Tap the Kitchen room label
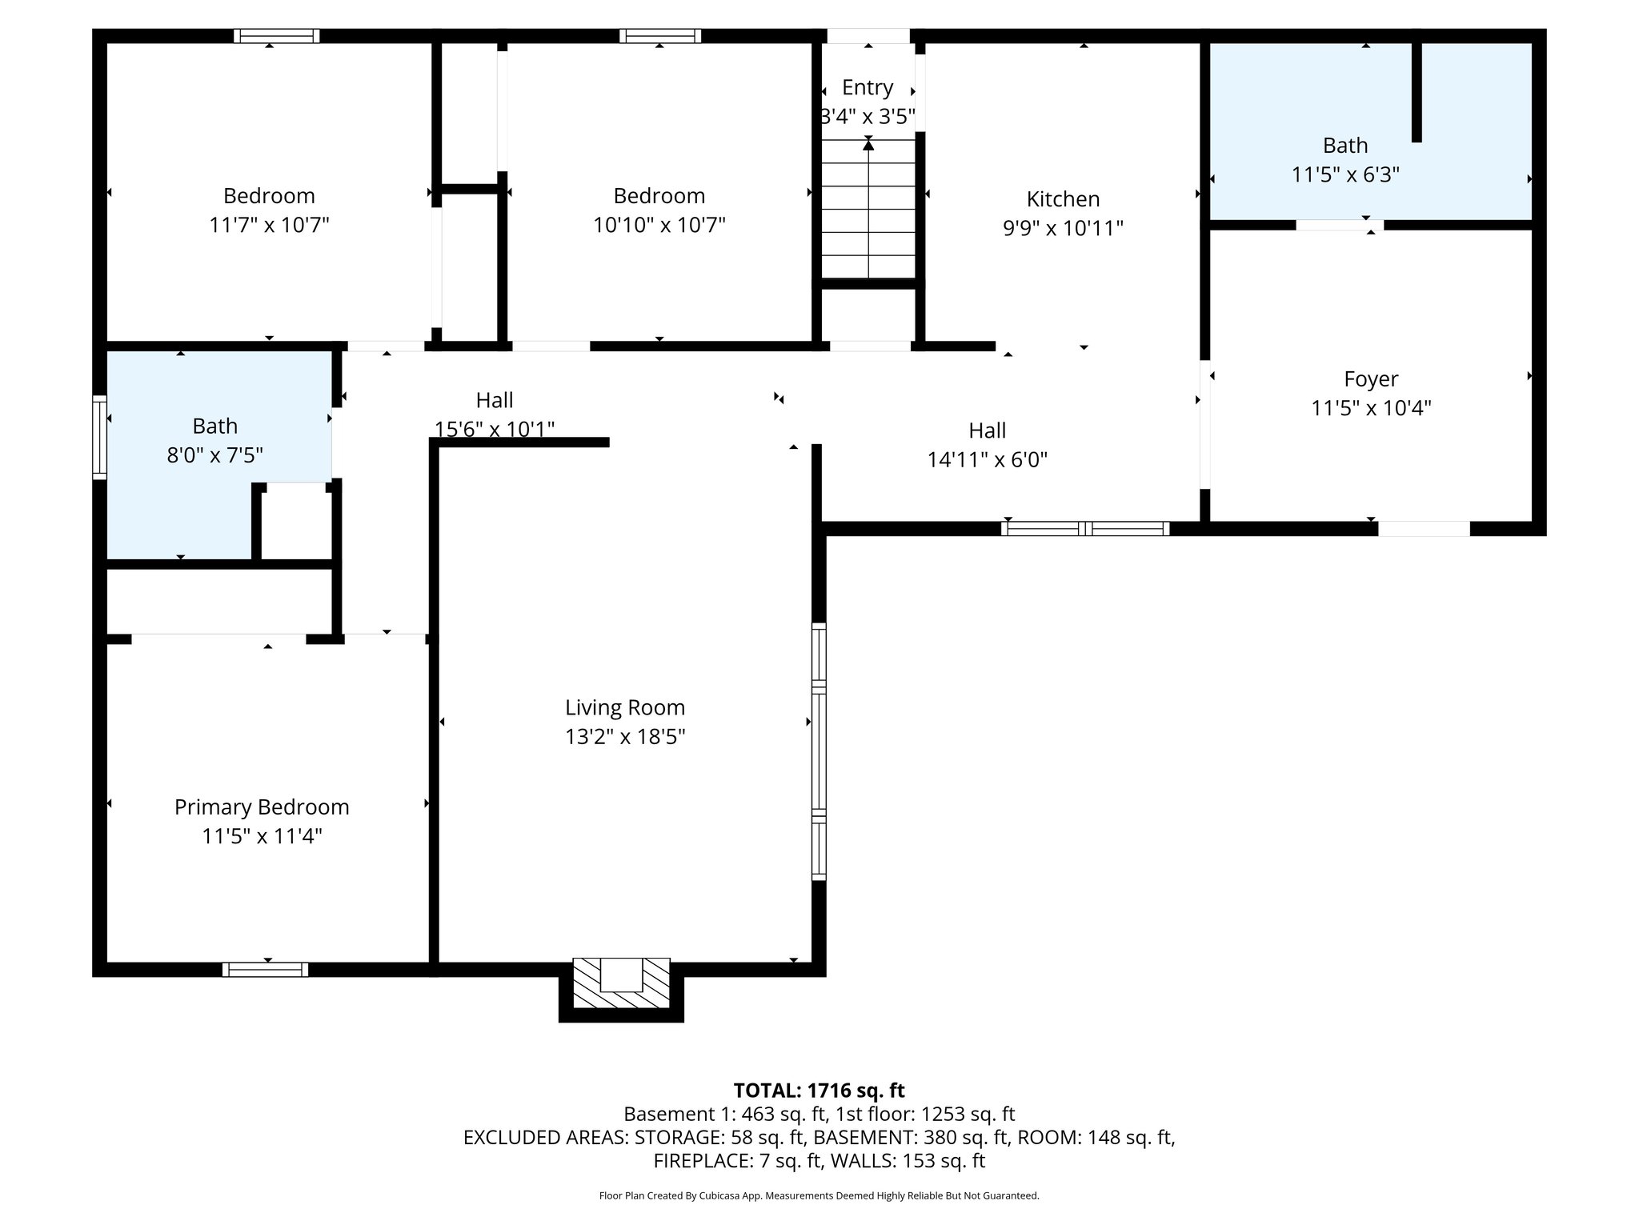pyautogui.click(x=1063, y=199)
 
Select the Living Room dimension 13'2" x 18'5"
pyautogui.click(x=625, y=737)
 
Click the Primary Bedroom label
pyautogui.click(x=262, y=807)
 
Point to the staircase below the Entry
pyautogui.click(x=868, y=212)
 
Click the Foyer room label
pyautogui.click(x=1371, y=379)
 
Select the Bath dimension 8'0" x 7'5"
pyautogui.click(x=214, y=455)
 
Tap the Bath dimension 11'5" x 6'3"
pyautogui.click(x=1345, y=174)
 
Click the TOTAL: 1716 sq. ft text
pyautogui.click(x=819, y=1091)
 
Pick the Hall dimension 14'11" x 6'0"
pyautogui.click(x=987, y=460)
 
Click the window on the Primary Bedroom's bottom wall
pyautogui.click(x=265, y=970)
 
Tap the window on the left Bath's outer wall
pyautogui.click(x=100, y=437)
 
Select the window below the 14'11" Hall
pyautogui.click(x=1085, y=528)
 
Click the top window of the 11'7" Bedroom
pyautogui.click(x=277, y=36)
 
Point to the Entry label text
pyautogui.click(x=868, y=87)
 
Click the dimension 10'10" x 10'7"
pyautogui.click(x=659, y=225)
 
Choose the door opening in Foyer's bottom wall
pyautogui.click(x=1424, y=529)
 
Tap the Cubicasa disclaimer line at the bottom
pyautogui.click(x=819, y=1196)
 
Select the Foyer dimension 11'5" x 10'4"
pyautogui.click(x=1371, y=409)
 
